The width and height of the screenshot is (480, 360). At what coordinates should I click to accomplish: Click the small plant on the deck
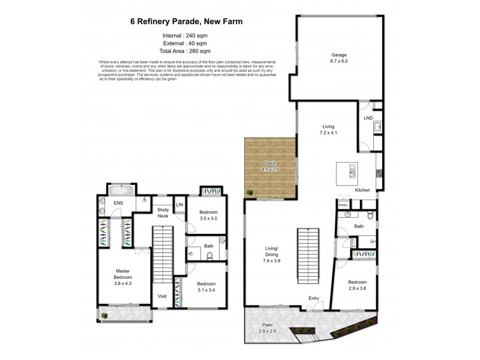[248, 193]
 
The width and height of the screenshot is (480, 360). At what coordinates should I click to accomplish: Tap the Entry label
[314, 298]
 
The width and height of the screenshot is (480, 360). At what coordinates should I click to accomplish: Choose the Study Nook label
[163, 212]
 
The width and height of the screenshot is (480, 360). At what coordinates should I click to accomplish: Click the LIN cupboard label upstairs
[179, 205]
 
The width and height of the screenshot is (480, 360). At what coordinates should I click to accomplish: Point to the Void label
[162, 295]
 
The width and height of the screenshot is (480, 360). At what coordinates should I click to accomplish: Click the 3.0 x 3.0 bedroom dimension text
[208, 218]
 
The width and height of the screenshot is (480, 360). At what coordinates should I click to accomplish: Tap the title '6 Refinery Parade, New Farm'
[187, 22]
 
